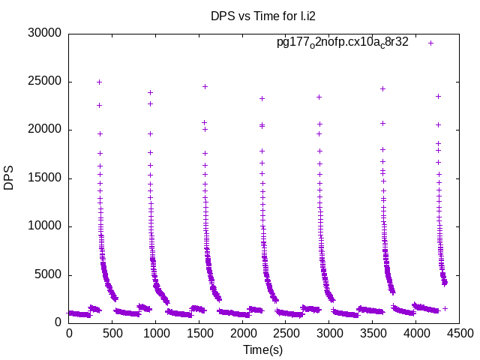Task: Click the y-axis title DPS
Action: point(9,178)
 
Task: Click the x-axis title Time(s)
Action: point(262,349)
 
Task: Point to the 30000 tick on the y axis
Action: point(44,33)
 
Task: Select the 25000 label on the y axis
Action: point(44,82)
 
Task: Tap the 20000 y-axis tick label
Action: point(44,130)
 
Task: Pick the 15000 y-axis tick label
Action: point(44,178)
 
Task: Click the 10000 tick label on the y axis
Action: point(44,226)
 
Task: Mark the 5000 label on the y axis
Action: point(47,274)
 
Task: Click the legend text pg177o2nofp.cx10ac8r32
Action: point(343,43)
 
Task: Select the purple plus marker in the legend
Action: point(430,43)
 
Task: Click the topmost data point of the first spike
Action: point(99,82)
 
